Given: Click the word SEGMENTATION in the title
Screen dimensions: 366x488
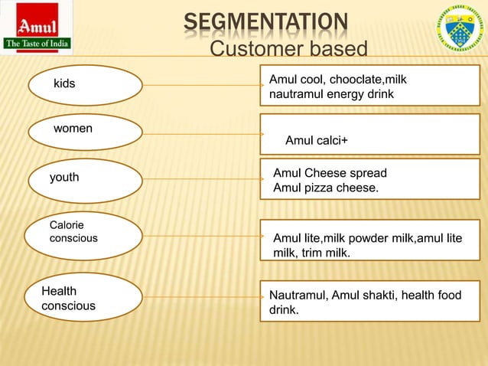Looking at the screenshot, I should click(265, 23).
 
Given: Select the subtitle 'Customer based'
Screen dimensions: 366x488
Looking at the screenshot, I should click(288, 50).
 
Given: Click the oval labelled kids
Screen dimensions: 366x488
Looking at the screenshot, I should click(85, 84).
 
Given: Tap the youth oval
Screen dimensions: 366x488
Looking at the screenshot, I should click(85, 181).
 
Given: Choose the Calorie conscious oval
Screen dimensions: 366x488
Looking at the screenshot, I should click(85, 233).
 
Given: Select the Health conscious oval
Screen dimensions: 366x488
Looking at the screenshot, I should click(85, 299).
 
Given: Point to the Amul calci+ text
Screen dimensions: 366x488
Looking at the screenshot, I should click(316, 141).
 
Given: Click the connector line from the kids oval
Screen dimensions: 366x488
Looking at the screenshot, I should click(201, 85).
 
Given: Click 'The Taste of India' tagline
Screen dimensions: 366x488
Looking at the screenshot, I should click(37, 44).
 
